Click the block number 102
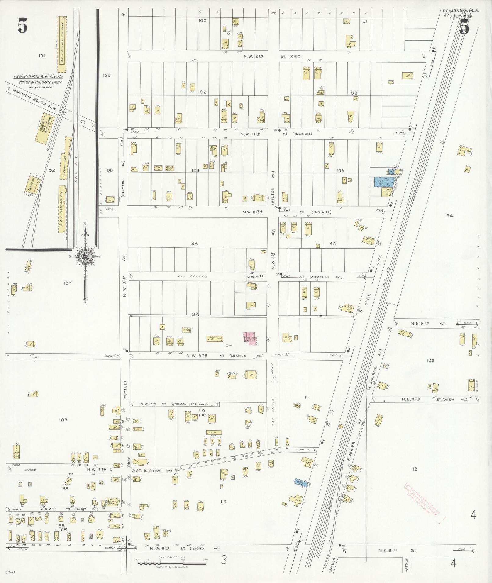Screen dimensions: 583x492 (202, 92)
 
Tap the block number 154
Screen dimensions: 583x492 (449, 216)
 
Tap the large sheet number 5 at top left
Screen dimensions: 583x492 (23, 25)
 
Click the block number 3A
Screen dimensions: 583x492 (194, 244)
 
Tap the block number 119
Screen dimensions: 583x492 (223, 501)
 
